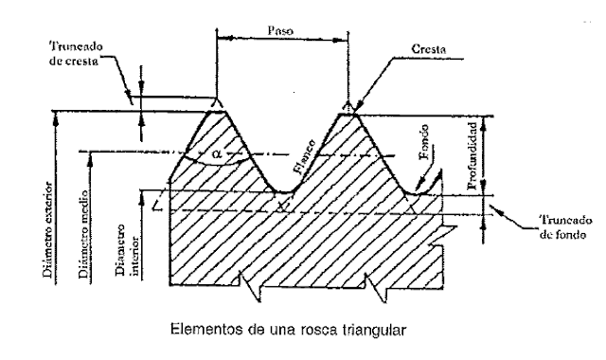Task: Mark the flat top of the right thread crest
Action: coord(348,112)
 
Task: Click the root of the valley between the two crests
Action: coord(282,191)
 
